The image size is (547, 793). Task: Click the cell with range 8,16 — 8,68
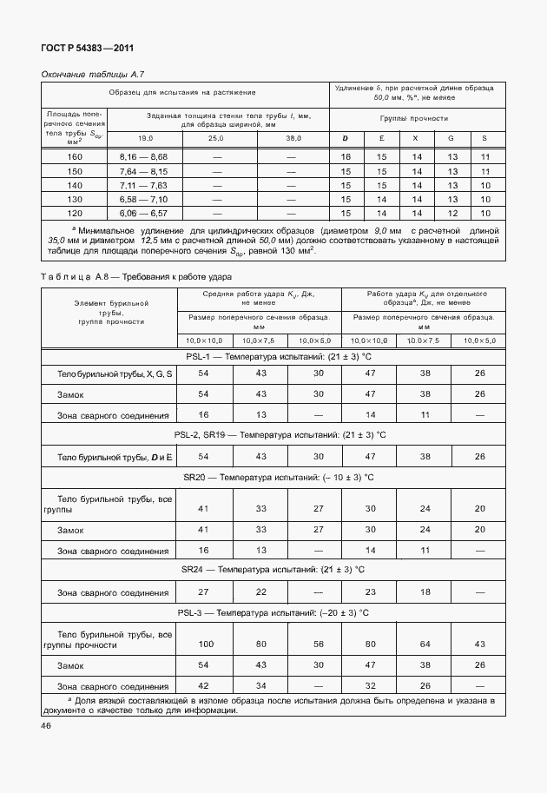pos(143,156)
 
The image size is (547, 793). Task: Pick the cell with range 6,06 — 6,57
pos(143,213)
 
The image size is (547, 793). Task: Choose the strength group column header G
pos(450,139)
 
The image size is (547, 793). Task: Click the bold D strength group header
pos(345,139)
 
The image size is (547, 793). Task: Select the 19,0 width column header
pos(143,139)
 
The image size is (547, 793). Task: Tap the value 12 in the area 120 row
pos(450,213)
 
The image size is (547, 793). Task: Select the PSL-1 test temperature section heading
pos(273,356)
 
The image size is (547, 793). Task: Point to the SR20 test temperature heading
pos(278,477)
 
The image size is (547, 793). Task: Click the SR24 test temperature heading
pos(273,569)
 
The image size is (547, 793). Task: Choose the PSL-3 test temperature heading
pos(273,612)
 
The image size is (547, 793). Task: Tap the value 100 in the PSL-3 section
pos(205,644)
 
